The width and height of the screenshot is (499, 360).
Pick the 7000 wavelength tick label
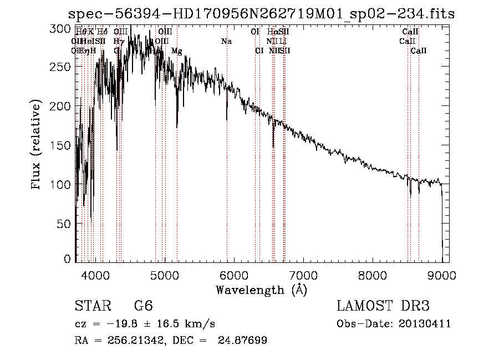pos(303,273)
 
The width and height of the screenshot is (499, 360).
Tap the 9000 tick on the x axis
pos(442,273)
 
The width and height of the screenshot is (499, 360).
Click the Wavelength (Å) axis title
pos(261,290)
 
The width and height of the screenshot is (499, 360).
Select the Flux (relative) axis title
pos(37,145)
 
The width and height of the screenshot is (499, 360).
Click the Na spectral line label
pos(226,42)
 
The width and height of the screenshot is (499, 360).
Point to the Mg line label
pos(176,51)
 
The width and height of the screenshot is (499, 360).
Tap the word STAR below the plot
pos(92,306)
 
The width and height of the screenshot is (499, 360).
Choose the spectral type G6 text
pos(143,306)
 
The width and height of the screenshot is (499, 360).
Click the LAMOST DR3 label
pos(383,306)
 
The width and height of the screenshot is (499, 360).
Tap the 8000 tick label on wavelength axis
pos(373,273)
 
